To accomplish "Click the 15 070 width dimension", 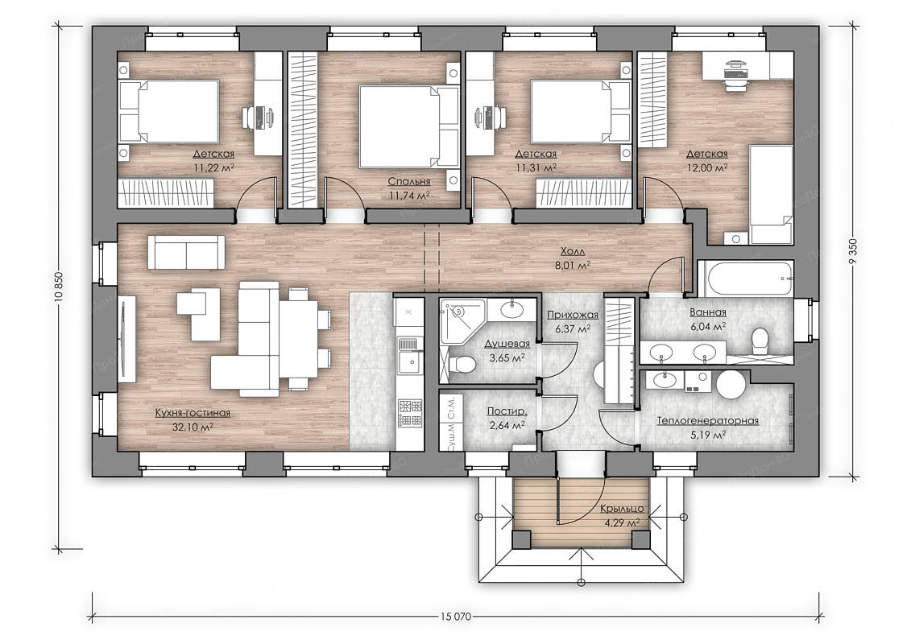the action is coord(456,616).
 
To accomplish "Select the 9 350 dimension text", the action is coord(853,250).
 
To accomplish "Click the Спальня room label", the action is coord(409,182).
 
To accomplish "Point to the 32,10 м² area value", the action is coord(193,427).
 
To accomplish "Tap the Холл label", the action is coord(573,251).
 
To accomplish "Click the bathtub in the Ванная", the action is coord(746,279).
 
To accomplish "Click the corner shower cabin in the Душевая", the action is coord(462,320).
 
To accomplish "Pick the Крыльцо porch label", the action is coord(622,509).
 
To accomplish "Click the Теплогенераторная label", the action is coord(708,420).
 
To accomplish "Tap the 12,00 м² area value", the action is coord(707,167).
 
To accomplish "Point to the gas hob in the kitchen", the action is coord(410,413).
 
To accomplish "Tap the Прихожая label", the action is coord(573,315).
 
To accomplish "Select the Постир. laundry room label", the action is coord(507,411).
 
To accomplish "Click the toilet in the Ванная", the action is coord(760,341).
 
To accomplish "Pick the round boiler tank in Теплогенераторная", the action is coord(731,384).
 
